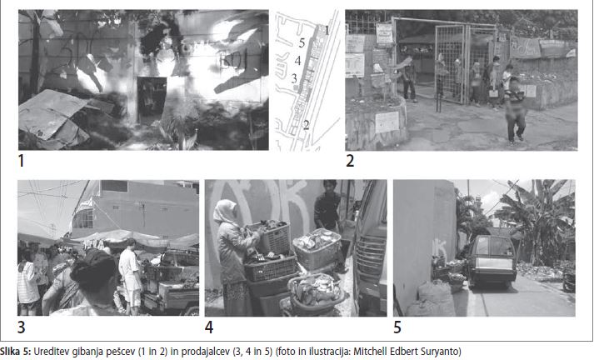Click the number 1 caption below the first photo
pos(21,161)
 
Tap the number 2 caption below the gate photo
pos(350,161)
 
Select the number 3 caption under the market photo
pos(21,327)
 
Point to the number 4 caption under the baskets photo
pos(209,327)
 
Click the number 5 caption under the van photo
pos(397,327)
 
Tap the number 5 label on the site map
pos(302,42)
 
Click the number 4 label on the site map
pos(297,61)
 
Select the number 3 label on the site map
pos(294,78)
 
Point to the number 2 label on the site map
pos(306,124)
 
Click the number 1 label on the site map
pos(327,29)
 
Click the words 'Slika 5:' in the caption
pos(16,352)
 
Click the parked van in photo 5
pos(492,261)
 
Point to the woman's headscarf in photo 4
pos(225,212)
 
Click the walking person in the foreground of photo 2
pos(515,111)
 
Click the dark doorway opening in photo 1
pos(151,99)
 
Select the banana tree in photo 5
pos(539,220)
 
